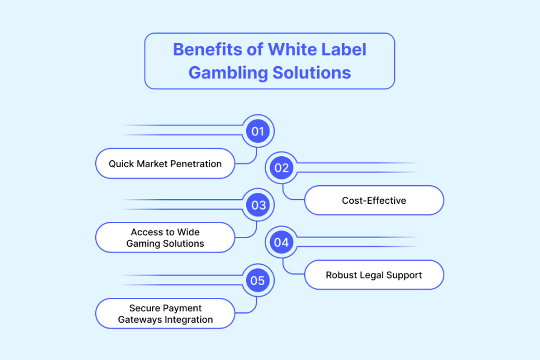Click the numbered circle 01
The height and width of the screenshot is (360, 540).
pyautogui.click(x=258, y=131)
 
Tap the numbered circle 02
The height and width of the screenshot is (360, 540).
pyautogui.click(x=282, y=168)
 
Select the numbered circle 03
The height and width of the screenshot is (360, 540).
pyautogui.click(x=258, y=205)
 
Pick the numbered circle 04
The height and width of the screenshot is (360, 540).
pyautogui.click(x=282, y=242)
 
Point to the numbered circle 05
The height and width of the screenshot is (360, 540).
pyautogui.click(x=258, y=280)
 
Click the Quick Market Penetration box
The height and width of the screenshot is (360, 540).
pyautogui.click(x=165, y=164)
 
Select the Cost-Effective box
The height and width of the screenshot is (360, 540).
pyautogui.click(x=374, y=200)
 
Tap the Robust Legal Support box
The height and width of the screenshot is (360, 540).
pyautogui.click(x=374, y=275)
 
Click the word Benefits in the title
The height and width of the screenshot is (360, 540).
pyautogui.click(x=208, y=49)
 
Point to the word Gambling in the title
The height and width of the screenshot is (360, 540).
pyautogui.click(x=228, y=73)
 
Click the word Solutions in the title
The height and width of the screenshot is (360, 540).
pyautogui.click(x=312, y=73)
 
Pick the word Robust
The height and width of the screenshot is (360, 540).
pyautogui.click(x=337, y=275)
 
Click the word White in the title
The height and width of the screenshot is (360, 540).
pyautogui.click(x=291, y=49)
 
